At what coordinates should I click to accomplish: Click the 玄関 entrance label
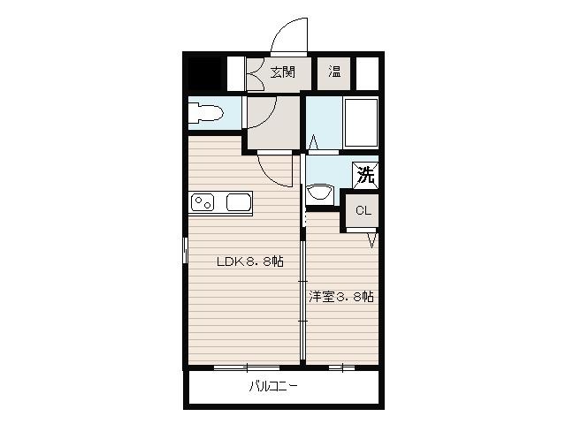(x=283, y=72)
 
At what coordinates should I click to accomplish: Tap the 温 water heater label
(x=334, y=72)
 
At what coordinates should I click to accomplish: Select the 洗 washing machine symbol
(x=365, y=175)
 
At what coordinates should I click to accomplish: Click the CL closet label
(x=363, y=210)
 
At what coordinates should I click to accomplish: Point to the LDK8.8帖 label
(x=249, y=261)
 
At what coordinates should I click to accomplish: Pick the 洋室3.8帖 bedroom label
(x=341, y=297)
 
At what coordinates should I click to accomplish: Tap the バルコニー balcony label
(x=273, y=387)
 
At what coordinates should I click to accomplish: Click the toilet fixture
(x=206, y=113)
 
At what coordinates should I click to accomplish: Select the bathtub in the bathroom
(x=361, y=123)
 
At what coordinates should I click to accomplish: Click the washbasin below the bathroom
(x=319, y=194)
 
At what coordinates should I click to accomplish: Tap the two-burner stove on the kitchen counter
(x=203, y=202)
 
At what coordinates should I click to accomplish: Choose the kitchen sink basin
(x=239, y=202)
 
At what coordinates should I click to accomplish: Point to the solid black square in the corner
(x=205, y=73)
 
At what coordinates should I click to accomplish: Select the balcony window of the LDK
(x=247, y=368)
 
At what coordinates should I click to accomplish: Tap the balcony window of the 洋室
(x=342, y=368)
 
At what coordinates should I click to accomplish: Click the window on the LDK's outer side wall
(x=185, y=250)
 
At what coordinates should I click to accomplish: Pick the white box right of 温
(x=367, y=73)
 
